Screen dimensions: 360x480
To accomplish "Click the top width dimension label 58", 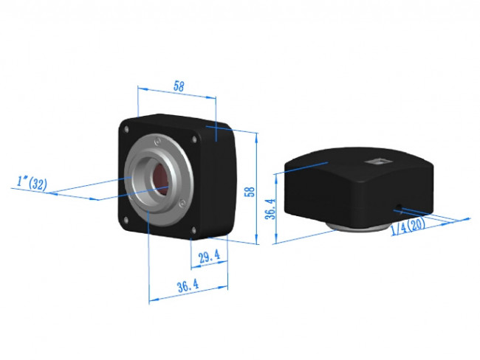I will pos(178,86).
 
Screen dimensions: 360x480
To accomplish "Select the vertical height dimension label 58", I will pos(250,191).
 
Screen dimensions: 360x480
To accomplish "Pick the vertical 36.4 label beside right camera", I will pos(270,209).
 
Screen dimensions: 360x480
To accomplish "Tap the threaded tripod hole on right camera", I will pos(400,206).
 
